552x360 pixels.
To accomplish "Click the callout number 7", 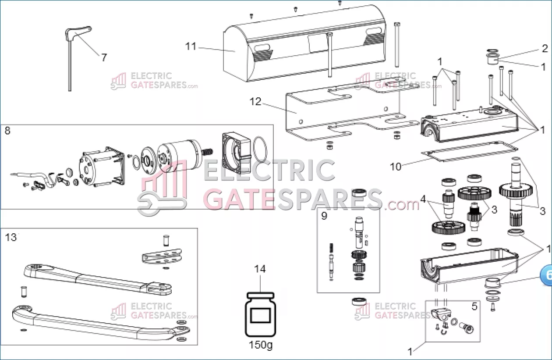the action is click(104, 58).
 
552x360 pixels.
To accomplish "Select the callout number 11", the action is click(191, 46).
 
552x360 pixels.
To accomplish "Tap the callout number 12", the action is click(255, 102).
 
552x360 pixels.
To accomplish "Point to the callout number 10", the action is click(396, 167).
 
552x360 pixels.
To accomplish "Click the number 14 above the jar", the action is click(260, 269).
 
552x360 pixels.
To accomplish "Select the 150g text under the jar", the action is click(261, 345).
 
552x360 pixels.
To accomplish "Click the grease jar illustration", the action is click(261, 314).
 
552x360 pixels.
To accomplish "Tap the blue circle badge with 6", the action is click(546, 275).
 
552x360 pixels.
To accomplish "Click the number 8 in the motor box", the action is click(7, 131).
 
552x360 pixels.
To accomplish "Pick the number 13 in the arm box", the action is click(11, 238).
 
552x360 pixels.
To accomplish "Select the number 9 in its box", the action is click(324, 216).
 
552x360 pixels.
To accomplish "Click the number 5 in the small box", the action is click(474, 307).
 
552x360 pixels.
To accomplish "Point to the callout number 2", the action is click(545, 48).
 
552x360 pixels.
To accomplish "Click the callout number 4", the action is click(423, 199).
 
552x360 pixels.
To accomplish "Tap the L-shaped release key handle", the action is click(78, 32).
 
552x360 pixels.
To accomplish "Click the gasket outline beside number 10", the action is click(470, 151).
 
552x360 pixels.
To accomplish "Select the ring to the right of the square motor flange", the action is click(260, 149).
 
